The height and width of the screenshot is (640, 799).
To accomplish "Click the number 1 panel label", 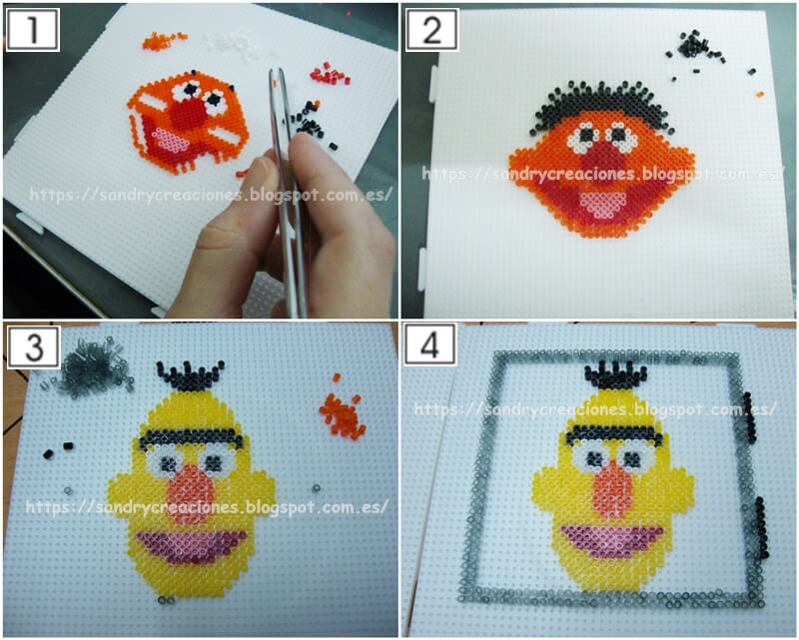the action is pyautogui.click(x=33, y=30).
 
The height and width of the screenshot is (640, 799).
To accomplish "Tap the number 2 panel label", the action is pyautogui.click(x=431, y=30).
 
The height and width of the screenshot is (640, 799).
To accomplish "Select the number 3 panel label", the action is pyautogui.click(x=33, y=347).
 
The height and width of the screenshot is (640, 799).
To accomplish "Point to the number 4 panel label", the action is pyautogui.click(x=429, y=346).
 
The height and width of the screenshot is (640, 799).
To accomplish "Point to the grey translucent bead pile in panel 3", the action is pyautogui.click(x=92, y=367).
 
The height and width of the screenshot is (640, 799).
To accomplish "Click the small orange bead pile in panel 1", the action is pyautogui.click(x=163, y=40).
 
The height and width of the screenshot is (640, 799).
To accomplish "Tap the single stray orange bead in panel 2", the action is pyautogui.click(x=760, y=94).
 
